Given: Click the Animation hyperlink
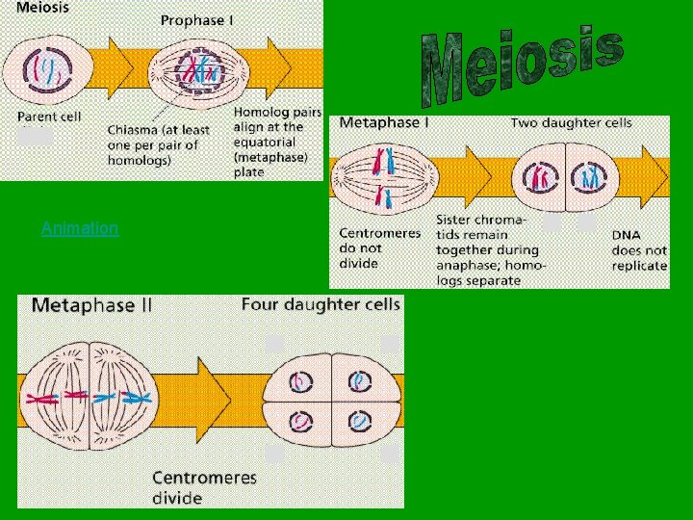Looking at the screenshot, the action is click(80, 228).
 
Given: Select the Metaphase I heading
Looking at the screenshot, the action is click(384, 123).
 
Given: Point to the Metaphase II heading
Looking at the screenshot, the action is click(92, 306).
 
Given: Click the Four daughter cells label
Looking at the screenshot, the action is click(321, 304).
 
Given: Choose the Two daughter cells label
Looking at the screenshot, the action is click(571, 123).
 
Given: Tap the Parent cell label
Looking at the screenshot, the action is click(49, 117).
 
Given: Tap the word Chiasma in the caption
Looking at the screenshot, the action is click(136, 129).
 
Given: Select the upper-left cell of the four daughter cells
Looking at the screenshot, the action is click(302, 381).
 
